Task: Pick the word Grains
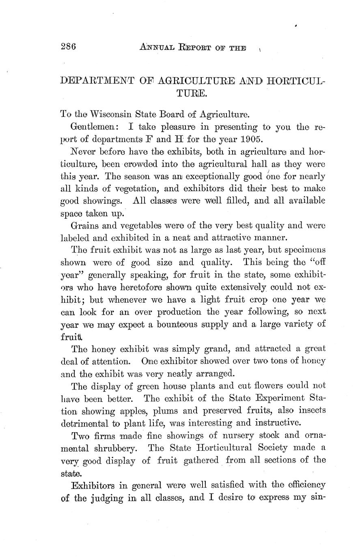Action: coord(85,226)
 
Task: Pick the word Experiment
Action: coord(280,398)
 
